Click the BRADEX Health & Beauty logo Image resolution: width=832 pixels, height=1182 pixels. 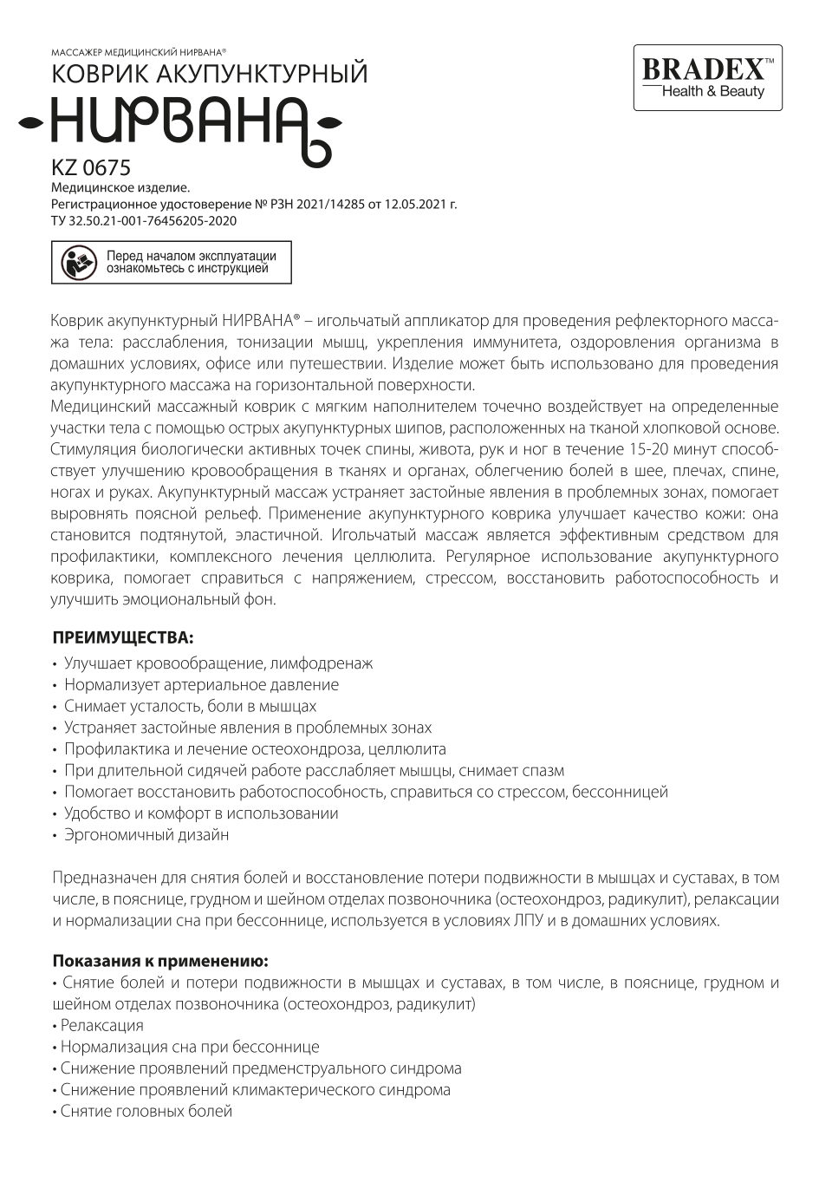click(x=707, y=78)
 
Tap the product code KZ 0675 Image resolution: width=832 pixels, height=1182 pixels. click(x=91, y=167)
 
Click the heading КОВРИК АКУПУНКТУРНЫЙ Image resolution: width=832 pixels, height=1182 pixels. click(x=210, y=75)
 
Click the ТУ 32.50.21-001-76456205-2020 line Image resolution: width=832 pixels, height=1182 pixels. click(x=144, y=221)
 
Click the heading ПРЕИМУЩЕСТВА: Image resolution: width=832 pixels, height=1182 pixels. click(x=123, y=637)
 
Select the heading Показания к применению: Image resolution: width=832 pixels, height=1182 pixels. click(x=160, y=961)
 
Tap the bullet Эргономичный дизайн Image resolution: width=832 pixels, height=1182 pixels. click(x=146, y=835)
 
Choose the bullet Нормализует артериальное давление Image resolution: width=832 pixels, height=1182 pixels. click(x=201, y=684)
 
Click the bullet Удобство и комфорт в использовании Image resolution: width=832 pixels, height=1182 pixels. click(x=201, y=813)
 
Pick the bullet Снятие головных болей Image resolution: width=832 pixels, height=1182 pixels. click(x=146, y=1111)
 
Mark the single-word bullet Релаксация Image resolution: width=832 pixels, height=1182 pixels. click(x=101, y=1025)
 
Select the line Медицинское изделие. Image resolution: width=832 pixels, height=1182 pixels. click(x=120, y=186)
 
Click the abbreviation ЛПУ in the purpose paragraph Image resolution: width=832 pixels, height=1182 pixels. click(x=528, y=920)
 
